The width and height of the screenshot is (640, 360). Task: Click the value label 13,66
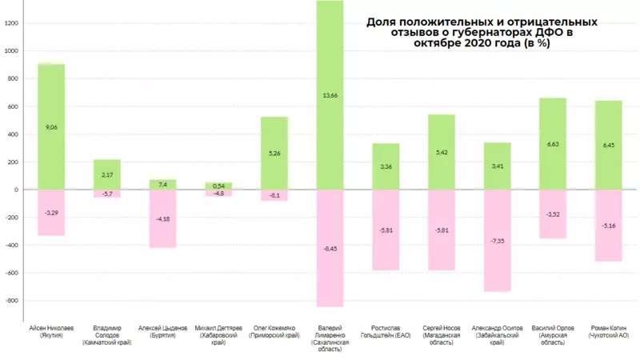click(330, 96)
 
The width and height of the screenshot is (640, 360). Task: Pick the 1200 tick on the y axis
click(11, 23)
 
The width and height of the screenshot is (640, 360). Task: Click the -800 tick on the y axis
click(11, 301)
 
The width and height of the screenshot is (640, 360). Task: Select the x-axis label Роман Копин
click(609, 331)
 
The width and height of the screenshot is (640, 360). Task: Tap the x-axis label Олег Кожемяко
click(274, 331)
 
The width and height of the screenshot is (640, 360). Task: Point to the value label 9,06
click(52, 127)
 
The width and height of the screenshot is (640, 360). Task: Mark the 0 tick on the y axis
click(15, 190)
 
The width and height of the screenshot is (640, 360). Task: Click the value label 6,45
click(608, 145)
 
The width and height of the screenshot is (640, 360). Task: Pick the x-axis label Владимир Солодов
click(107, 335)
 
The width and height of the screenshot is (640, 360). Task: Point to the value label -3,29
click(52, 213)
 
